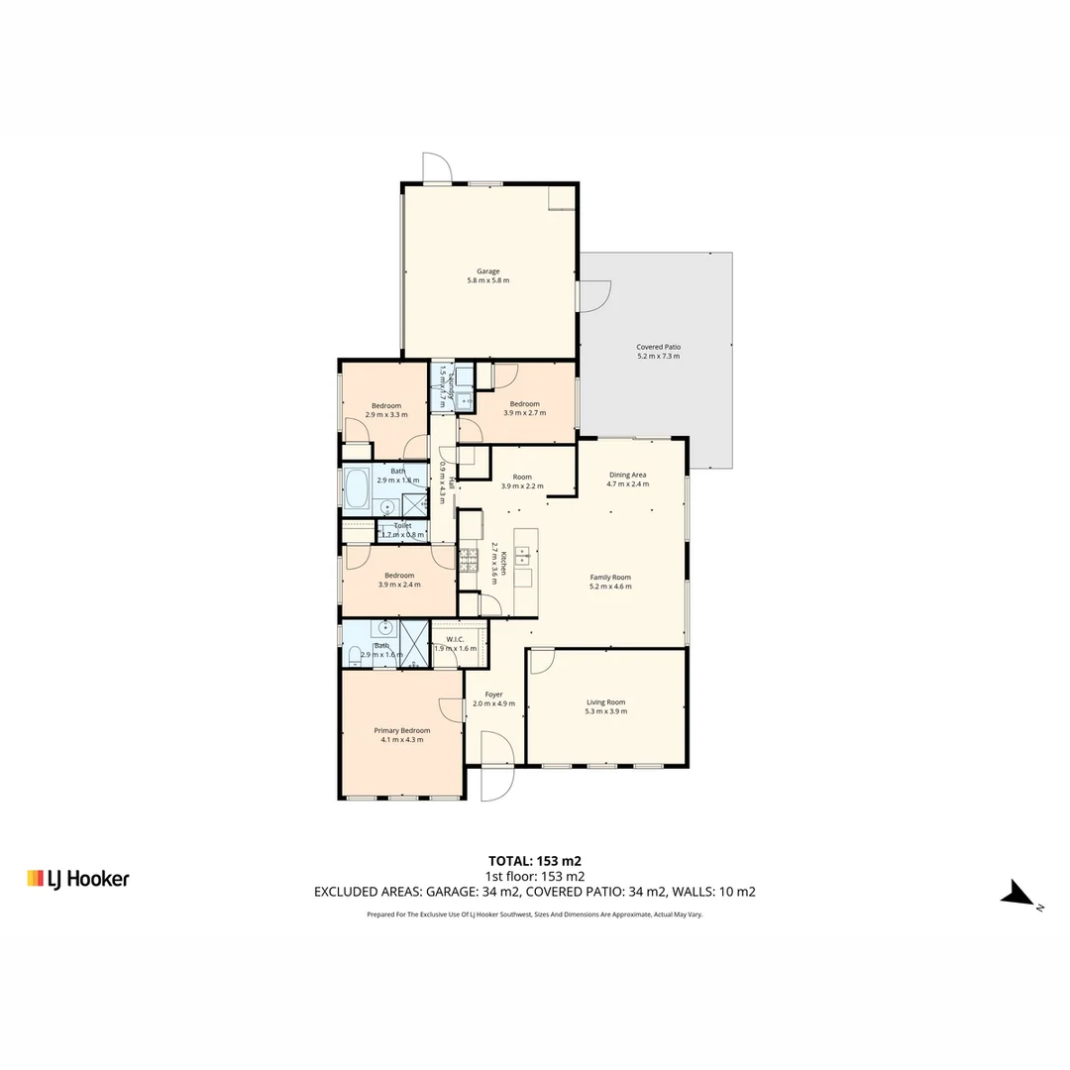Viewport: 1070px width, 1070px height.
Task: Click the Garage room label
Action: [x=487, y=275]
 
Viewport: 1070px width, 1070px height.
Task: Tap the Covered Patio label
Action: [x=658, y=351]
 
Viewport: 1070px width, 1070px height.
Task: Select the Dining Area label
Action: [x=628, y=480]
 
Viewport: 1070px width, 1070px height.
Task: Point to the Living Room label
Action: [x=606, y=706]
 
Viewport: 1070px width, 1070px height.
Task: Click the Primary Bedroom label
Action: [x=401, y=734]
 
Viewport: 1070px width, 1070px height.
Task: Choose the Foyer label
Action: [x=493, y=698]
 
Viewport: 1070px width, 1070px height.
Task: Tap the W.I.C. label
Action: [x=455, y=644]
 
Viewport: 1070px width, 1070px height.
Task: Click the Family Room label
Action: [x=610, y=582]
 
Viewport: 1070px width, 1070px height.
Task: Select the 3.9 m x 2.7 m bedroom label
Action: [x=524, y=407]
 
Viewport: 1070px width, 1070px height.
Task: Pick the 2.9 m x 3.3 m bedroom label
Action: [x=386, y=409]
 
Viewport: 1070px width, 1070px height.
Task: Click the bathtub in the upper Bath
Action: [x=358, y=487]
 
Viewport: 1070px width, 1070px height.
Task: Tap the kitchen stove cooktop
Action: [x=469, y=561]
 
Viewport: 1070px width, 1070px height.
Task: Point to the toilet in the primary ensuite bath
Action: [x=354, y=656]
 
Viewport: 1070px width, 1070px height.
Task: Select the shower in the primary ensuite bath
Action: [x=413, y=643]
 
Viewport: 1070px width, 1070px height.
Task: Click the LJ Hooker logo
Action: [x=78, y=878]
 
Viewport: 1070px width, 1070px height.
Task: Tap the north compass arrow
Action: [x=1018, y=895]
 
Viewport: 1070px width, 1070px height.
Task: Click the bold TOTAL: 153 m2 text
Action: [x=541, y=860]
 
